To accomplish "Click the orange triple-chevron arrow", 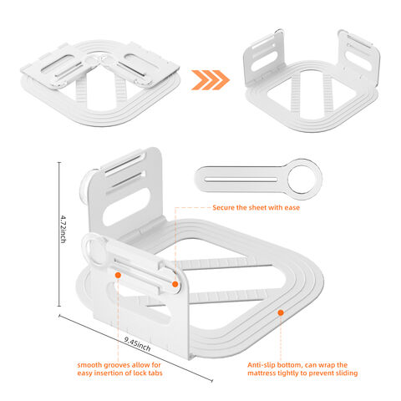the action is (x=211, y=80).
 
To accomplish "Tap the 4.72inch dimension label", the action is (x=63, y=229).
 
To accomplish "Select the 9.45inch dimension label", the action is (x=137, y=344).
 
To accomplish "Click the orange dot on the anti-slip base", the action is (x=281, y=312).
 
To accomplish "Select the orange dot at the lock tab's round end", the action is (x=175, y=284).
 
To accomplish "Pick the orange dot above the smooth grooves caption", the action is (x=118, y=275).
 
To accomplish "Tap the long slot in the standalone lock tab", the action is (x=241, y=180).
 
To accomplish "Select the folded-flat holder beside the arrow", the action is (x=100, y=84).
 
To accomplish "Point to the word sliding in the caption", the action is (x=347, y=373).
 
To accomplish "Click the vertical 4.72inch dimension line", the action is (x=59, y=234).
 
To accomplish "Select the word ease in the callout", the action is (x=292, y=208).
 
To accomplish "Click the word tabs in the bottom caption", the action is (x=155, y=373).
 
